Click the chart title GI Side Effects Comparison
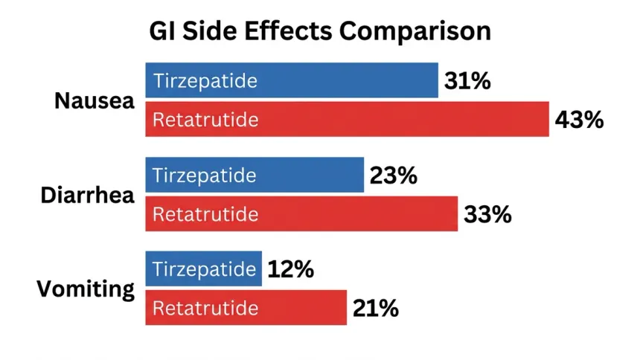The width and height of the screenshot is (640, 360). pyautogui.click(x=320, y=31)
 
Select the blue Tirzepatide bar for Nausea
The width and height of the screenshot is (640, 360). pyautogui.click(x=292, y=80)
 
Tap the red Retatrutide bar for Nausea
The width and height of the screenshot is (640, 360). pyautogui.click(x=348, y=119)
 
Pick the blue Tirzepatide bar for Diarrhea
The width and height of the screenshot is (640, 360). pyautogui.click(x=255, y=175)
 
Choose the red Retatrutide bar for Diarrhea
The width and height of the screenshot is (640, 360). pyautogui.click(x=301, y=214)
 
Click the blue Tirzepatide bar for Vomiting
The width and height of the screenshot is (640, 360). pyautogui.click(x=204, y=269)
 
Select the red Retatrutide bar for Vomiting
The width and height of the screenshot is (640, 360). pyautogui.click(x=246, y=308)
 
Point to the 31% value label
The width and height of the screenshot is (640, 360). pyautogui.click(x=467, y=81)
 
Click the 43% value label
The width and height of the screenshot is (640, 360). pyautogui.click(x=579, y=120)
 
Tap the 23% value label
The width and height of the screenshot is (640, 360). pyautogui.click(x=394, y=176)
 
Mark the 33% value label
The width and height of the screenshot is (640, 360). pyautogui.click(x=487, y=214)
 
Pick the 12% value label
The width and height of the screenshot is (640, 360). pyautogui.click(x=291, y=269)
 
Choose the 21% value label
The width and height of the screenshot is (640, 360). pyautogui.click(x=376, y=308)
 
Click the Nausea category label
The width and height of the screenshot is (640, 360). pyautogui.click(x=95, y=100)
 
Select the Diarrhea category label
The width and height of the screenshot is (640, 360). pyautogui.click(x=87, y=195)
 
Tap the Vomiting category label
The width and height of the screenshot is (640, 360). pyautogui.click(x=86, y=290)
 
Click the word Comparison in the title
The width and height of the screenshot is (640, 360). pyautogui.click(x=415, y=32)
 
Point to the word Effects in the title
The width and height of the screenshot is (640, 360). pyautogui.click(x=288, y=30)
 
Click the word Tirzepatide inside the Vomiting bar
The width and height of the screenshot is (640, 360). pyautogui.click(x=205, y=269)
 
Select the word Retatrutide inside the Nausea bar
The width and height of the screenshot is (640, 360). pyautogui.click(x=205, y=120)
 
